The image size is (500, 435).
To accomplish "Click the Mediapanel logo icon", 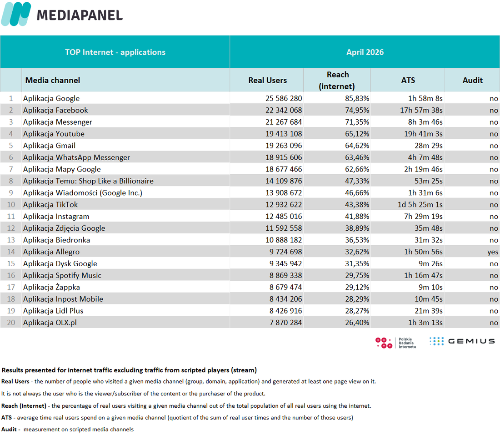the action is coord(16,14).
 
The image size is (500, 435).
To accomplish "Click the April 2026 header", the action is coord(365,52).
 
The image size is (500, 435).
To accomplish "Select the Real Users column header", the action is coord(268,80).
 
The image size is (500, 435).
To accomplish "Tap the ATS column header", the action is coord(408,80).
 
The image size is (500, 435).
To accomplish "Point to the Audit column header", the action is coord(472,80).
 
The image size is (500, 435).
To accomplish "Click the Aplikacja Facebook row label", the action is coord(55,110).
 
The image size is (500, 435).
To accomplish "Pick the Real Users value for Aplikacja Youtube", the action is coord(284,134).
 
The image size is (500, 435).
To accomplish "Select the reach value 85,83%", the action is coord(357,98).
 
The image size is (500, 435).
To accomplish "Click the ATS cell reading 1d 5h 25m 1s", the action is coord(420,205).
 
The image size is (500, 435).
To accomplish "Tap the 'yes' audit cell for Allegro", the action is coord(493,252).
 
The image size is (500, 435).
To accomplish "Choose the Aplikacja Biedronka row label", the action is coord(56,240).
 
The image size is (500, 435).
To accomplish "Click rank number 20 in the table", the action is coord(11,323).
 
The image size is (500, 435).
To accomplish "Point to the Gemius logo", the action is coord(462,341).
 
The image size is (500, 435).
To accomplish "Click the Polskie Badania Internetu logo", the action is coord(396,343).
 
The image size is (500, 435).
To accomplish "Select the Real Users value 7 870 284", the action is coord(285,323).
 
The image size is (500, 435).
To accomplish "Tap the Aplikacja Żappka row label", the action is coord(51,287).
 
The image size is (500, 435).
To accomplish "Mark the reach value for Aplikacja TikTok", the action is coord(357,205).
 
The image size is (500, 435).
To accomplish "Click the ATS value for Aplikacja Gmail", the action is coord(429,146).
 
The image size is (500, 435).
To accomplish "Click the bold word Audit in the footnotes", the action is coord(9,429).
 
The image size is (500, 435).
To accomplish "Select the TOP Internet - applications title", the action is coord(115,52).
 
